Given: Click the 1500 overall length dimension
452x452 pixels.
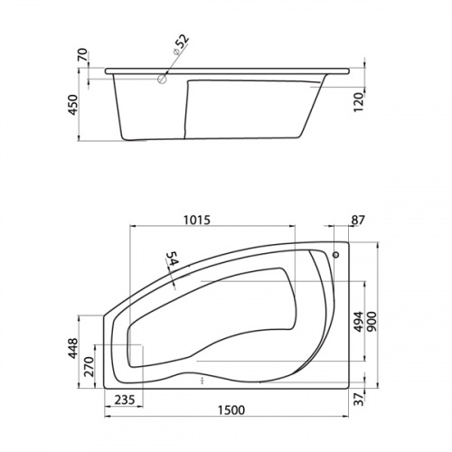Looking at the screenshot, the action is (x=231, y=410).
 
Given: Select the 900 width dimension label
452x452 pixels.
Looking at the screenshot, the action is (x=372, y=322).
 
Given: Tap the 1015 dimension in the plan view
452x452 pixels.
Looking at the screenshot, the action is (x=197, y=220).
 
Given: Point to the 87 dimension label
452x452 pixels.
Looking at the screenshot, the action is (x=358, y=220).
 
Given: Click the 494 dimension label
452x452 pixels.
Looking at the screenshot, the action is (x=359, y=322).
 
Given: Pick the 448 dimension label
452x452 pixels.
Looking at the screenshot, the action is (x=72, y=348).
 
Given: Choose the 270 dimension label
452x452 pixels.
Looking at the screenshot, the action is (x=89, y=367).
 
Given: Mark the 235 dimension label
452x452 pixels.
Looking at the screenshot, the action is (x=125, y=400).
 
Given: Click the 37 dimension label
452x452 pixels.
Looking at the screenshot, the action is (x=359, y=399).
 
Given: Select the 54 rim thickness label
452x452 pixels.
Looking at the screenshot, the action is (x=172, y=259).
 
